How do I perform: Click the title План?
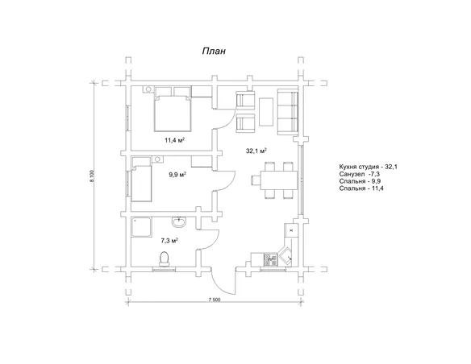[214, 52]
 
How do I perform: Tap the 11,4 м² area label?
[174, 140]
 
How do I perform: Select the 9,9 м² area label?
[177, 175]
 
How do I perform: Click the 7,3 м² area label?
[169, 240]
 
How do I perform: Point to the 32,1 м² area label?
[256, 151]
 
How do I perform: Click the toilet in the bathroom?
[164, 259]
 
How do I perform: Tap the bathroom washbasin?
[179, 221]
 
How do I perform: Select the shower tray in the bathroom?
[141, 227]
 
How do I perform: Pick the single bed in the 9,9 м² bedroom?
[141, 179]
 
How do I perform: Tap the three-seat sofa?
[287, 111]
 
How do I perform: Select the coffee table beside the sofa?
[266, 112]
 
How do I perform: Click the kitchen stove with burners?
[270, 260]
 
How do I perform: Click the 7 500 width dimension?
[213, 300]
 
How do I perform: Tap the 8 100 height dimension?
[92, 176]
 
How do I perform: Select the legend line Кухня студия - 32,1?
[369, 167]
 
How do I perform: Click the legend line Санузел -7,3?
[360, 174]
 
